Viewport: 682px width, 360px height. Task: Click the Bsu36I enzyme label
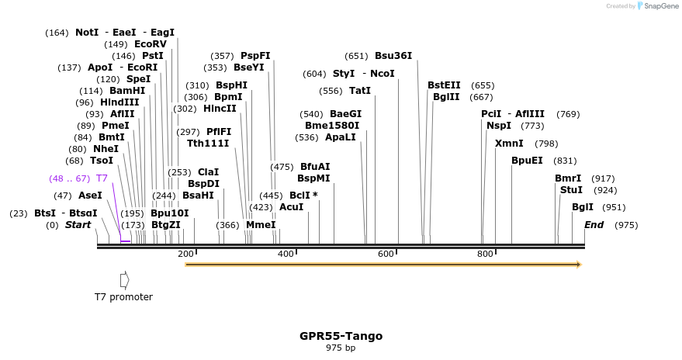pos(393,56)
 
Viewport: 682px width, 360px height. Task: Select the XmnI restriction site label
pos(509,144)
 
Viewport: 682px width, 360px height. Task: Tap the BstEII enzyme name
pos(444,85)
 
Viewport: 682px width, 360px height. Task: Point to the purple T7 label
pos(102,178)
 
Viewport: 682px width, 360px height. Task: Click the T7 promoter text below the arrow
pos(123,297)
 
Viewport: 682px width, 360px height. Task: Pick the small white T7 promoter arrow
pos(124,279)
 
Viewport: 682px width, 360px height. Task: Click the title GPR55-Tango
pos(341,336)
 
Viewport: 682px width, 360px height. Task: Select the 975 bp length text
pos(341,348)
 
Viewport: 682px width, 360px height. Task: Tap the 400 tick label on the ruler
pos(286,254)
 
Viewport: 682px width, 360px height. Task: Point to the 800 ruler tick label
pos(486,254)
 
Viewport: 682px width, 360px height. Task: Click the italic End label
pos(594,225)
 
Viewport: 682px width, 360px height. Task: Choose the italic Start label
pos(78,225)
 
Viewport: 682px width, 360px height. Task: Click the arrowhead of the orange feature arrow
pos(578,265)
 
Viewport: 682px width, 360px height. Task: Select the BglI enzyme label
pos(582,207)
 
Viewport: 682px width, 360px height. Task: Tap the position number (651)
pos(356,56)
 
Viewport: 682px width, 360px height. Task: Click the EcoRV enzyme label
pos(151,44)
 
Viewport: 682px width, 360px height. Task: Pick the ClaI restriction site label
pos(208,172)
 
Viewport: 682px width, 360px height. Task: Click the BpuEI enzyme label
pos(527,161)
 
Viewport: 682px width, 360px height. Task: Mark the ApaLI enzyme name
pos(341,137)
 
